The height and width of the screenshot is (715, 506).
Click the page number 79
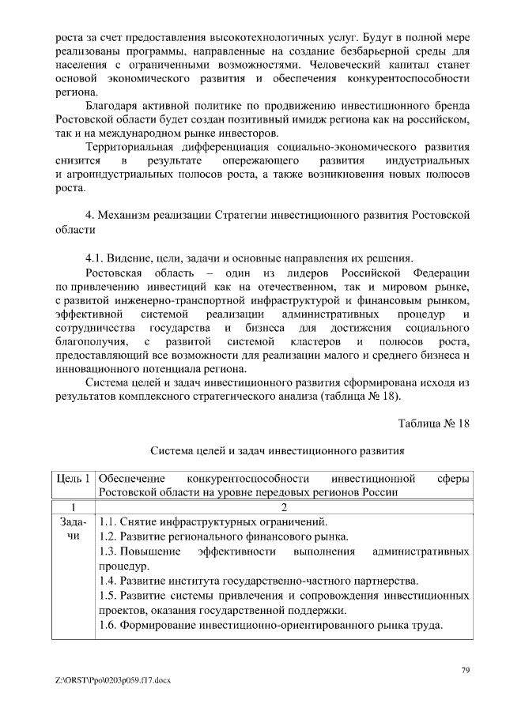tap(466, 671)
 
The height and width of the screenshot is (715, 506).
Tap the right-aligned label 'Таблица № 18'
tap(434, 423)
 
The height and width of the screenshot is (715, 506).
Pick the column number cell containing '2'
tap(284, 507)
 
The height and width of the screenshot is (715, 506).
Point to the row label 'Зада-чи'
tap(74, 529)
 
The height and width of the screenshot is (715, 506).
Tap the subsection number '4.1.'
tap(96, 258)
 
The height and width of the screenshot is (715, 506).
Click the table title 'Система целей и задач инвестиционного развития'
tap(278, 451)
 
